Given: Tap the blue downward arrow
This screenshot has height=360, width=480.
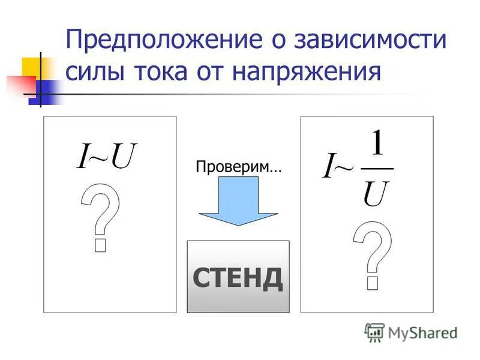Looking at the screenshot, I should pos(238,201).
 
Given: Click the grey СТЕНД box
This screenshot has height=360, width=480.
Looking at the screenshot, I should pos(238,277).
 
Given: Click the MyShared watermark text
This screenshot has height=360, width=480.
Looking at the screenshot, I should pos(422,332).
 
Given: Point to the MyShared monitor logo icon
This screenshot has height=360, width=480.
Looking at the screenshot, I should pos(374,332).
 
